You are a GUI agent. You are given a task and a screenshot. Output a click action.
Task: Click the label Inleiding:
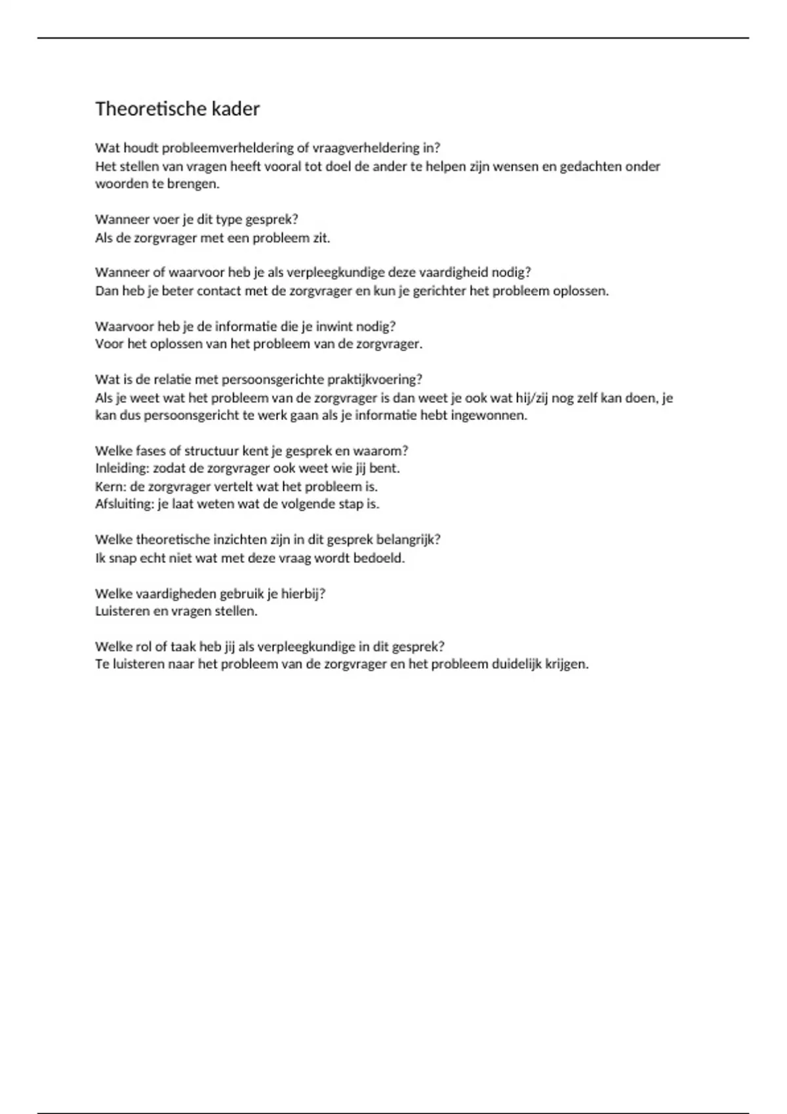tap(121, 469)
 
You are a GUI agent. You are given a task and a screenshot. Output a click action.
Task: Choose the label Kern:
tap(110, 487)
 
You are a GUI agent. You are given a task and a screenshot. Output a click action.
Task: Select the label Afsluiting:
tap(125, 505)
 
